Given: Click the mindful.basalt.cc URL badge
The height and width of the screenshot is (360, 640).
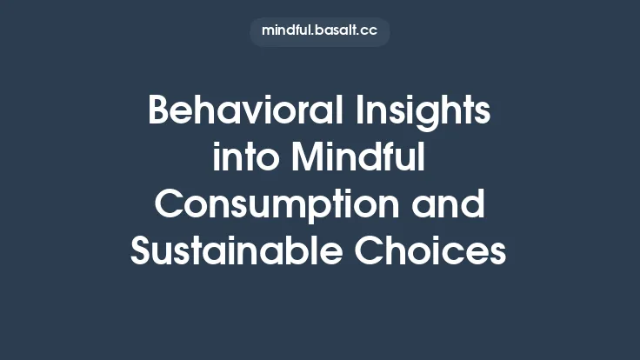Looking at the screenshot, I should pyautogui.click(x=319, y=32).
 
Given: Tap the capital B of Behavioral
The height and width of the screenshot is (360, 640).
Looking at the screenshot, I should pyautogui.click(x=160, y=112).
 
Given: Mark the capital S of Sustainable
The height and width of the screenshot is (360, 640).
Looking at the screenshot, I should pyautogui.click(x=142, y=252).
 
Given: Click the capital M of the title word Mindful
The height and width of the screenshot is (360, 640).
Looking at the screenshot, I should pyautogui.click(x=308, y=159).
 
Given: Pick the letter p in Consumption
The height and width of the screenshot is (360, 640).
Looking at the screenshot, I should pyautogui.click(x=343, y=209).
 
